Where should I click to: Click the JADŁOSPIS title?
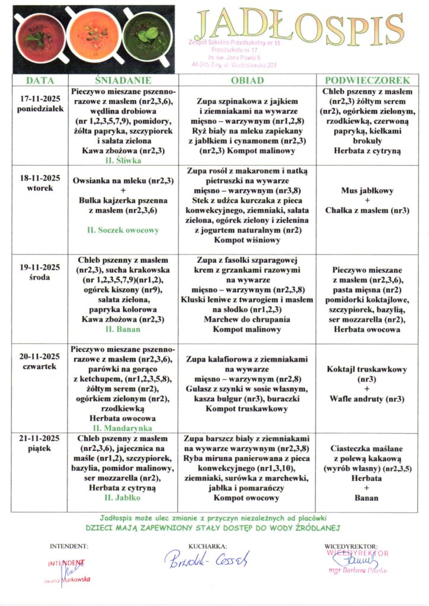(x=297, y=28)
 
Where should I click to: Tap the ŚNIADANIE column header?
(x=124, y=80)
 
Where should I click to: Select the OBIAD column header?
(x=247, y=80)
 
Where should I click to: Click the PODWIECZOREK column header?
(x=367, y=80)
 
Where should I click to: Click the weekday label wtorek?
(x=40, y=188)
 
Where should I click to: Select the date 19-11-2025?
(x=40, y=267)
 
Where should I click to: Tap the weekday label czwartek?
(x=40, y=366)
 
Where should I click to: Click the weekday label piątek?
(x=40, y=449)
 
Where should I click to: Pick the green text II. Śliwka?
(x=124, y=160)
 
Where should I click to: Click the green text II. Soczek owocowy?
(x=124, y=230)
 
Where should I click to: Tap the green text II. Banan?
(x=124, y=329)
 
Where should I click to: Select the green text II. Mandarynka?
(x=124, y=427)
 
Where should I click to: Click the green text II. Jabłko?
(x=124, y=498)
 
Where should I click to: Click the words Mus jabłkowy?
(x=367, y=191)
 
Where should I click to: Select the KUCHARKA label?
(x=207, y=546)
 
